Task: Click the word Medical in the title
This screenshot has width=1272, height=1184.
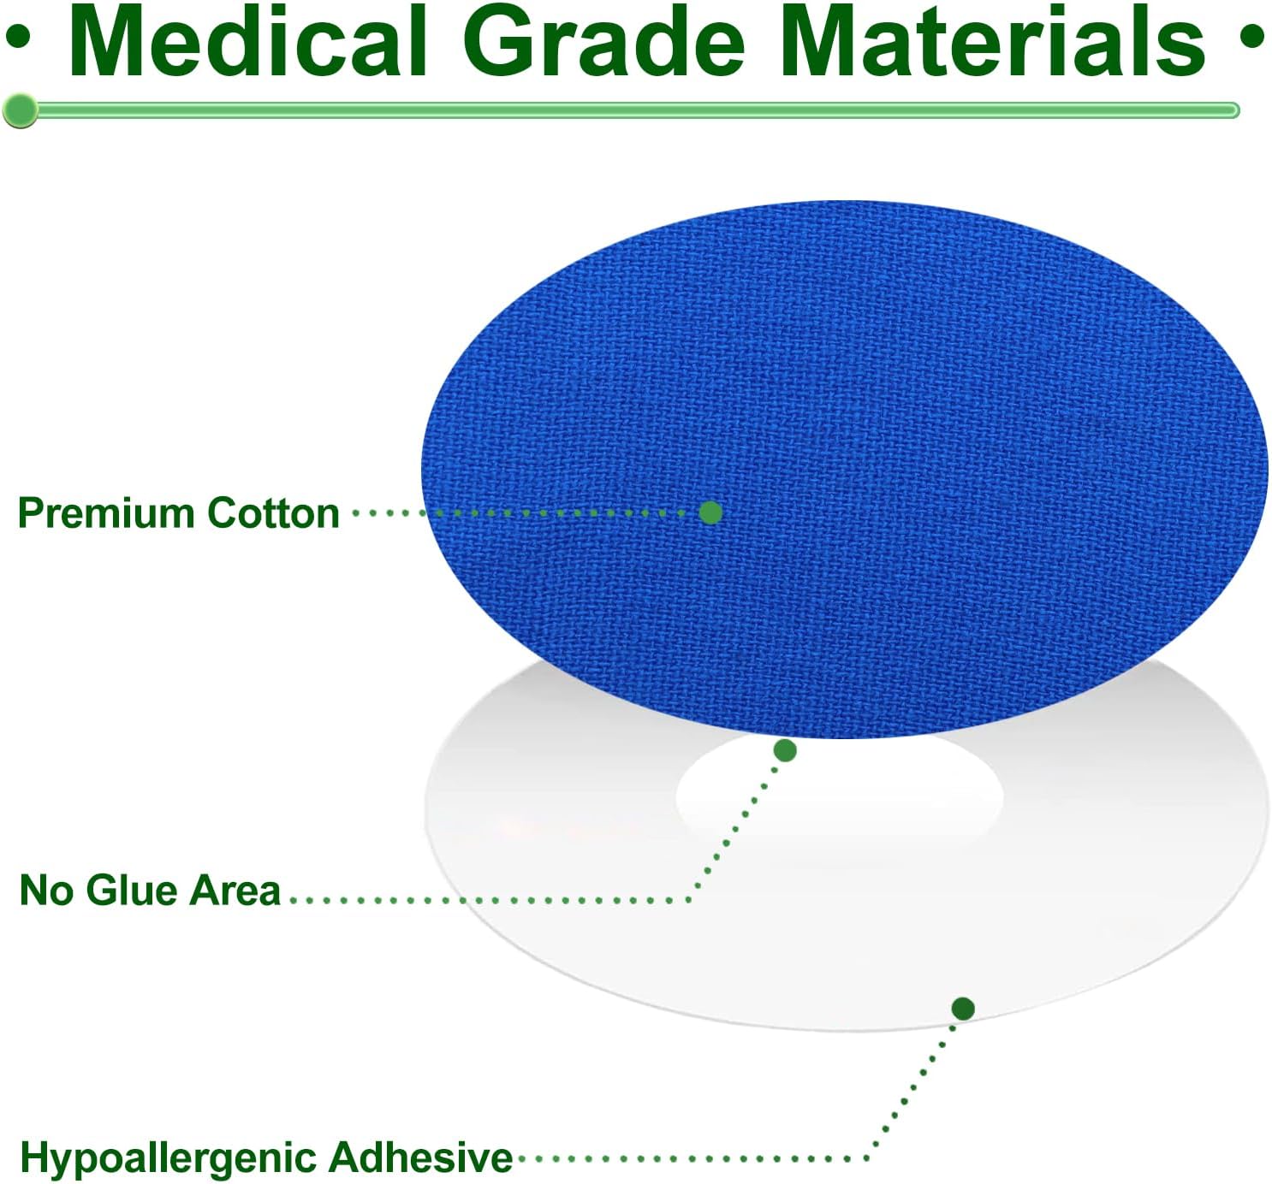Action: pos(248,42)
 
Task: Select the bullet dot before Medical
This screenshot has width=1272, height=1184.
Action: pos(18,39)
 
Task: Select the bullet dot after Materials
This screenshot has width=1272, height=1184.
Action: pos(1252,39)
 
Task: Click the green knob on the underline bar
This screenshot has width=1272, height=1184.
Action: pos(20,110)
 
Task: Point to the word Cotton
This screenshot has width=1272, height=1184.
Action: pos(273,513)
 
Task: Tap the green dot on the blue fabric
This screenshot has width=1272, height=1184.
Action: pos(710,512)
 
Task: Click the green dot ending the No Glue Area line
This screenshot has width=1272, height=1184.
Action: pos(785,750)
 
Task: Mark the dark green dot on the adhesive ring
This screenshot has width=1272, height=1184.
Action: pos(963,1009)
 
